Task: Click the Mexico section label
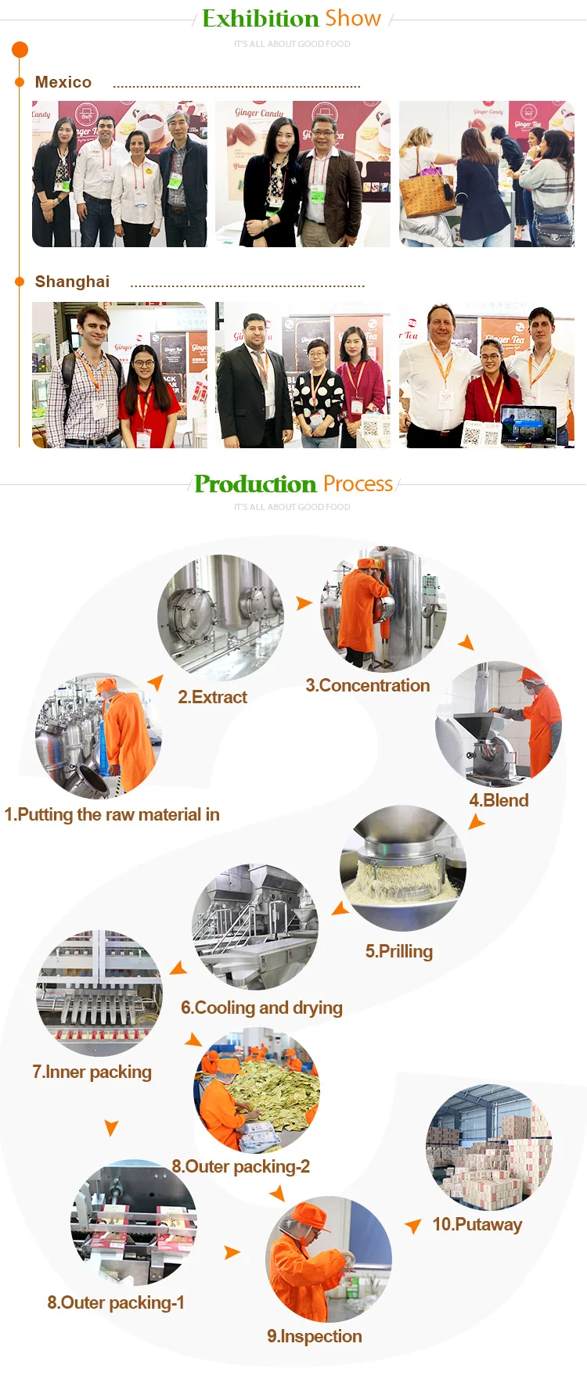pyautogui.click(x=63, y=82)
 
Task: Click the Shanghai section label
pyautogui.click(x=72, y=282)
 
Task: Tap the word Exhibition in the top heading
pyautogui.click(x=260, y=18)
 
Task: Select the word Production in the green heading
pyautogui.click(x=255, y=484)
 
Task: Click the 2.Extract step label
pyautogui.click(x=212, y=697)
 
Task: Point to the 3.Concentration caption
pyautogui.click(x=367, y=685)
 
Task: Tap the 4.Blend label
pyautogui.click(x=499, y=800)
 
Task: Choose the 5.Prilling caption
pyautogui.click(x=398, y=951)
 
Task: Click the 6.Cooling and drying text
pyautogui.click(x=261, y=1008)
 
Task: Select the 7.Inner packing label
pyautogui.click(x=92, y=1072)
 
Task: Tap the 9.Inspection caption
pyautogui.click(x=314, y=1336)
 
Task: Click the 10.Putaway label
pyautogui.click(x=477, y=1224)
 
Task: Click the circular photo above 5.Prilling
pyautogui.click(x=403, y=868)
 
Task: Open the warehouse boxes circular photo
pyautogui.click(x=489, y=1147)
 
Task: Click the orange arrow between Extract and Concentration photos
pyautogui.click(x=304, y=603)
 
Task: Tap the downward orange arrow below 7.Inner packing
pyautogui.click(x=111, y=1127)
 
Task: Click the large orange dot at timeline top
pyautogui.click(x=20, y=50)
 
